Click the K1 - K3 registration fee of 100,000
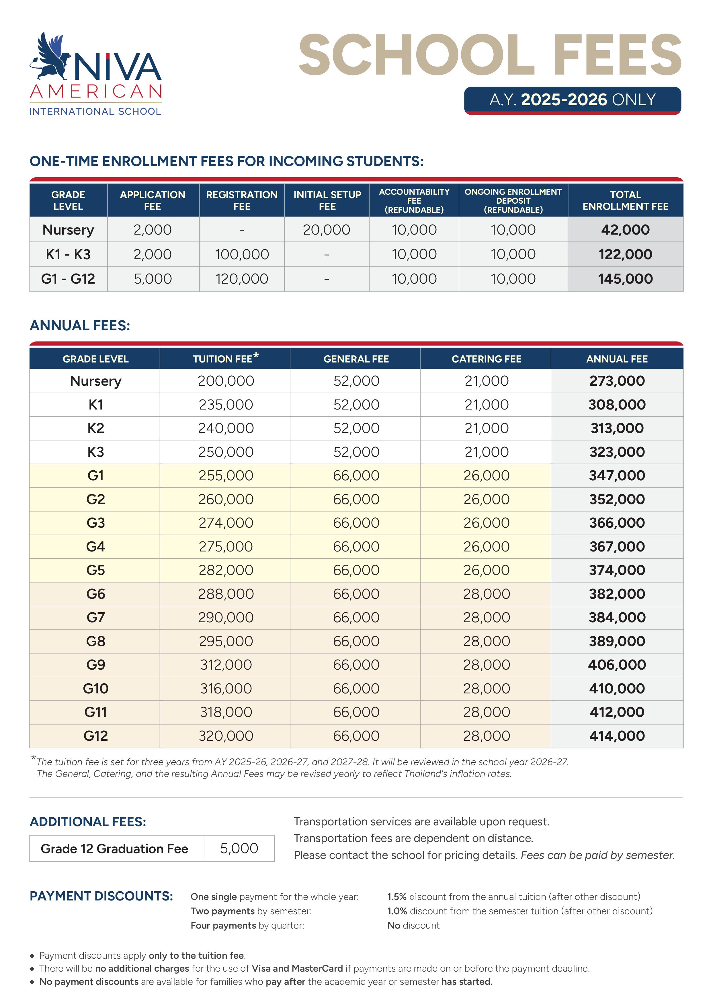pyautogui.click(x=242, y=254)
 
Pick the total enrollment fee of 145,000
pyautogui.click(x=625, y=279)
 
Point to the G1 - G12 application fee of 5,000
pyautogui.click(x=153, y=279)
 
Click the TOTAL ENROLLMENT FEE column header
pyautogui.click(x=625, y=200)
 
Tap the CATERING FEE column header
pyautogui.click(x=486, y=359)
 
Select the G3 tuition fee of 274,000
pyautogui.click(x=226, y=523)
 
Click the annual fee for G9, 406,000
pyautogui.click(x=616, y=665)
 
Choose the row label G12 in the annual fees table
pyautogui.click(x=95, y=736)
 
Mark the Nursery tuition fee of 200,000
pyautogui.click(x=226, y=381)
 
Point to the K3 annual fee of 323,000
pyautogui.click(x=616, y=452)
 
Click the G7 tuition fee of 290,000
pyautogui.click(x=226, y=617)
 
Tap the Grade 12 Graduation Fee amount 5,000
pyautogui.click(x=239, y=848)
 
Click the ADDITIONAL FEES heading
pyautogui.click(x=88, y=822)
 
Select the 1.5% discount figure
pyautogui.click(x=396, y=896)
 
